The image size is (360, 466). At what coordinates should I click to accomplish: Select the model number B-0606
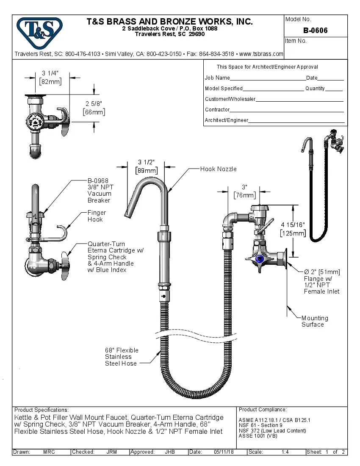tap(315, 31)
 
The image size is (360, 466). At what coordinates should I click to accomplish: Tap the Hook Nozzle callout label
tap(218, 169)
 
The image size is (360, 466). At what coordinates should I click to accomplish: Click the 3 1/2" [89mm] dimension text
tap(146, 166)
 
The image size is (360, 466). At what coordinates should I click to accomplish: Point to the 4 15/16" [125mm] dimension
tap(292, 229)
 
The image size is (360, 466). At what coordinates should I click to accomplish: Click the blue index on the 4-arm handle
tap(260, 259)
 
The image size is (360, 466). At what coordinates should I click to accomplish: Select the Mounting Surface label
tap(314, 321)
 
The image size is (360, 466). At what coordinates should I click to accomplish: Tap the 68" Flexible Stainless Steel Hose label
tap(122, 357)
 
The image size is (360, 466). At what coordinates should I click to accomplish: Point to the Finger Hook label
tap(97, 216)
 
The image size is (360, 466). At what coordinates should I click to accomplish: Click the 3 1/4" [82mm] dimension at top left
tap(50, 78)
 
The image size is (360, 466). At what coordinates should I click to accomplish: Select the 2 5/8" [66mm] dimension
tap(94, 108)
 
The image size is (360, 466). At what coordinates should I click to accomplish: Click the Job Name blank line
tap(267, 78)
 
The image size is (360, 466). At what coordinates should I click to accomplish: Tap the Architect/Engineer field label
tap(226, 120)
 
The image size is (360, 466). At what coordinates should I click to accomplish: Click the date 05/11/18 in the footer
tap(224, 452)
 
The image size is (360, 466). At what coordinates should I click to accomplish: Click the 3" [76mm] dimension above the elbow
tap(244, 191)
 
